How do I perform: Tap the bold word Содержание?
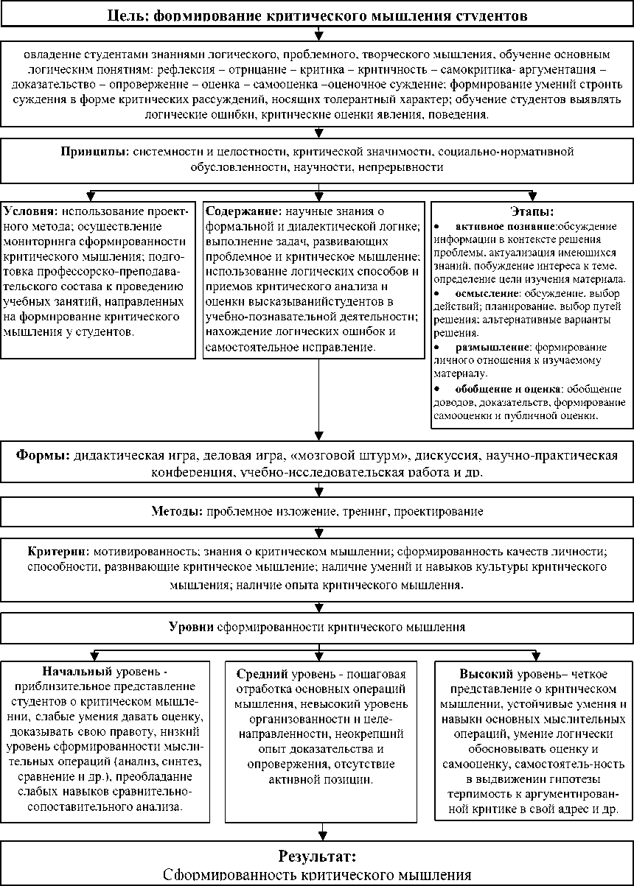[240, 211]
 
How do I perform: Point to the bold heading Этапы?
[532, 211]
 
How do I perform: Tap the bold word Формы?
[42, 454]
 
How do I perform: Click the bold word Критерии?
[59, 551]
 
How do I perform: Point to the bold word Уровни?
[191, 627]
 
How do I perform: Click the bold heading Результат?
[316, 857]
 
